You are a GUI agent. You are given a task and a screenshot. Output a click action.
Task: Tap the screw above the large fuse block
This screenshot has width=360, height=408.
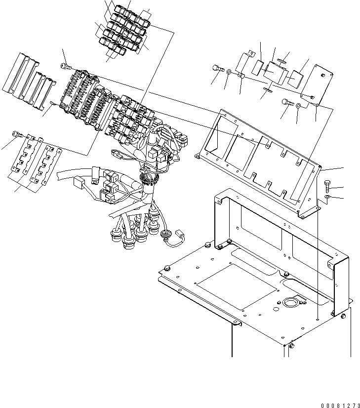point(65,66)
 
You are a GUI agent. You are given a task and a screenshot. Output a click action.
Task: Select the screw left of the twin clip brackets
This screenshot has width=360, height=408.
point(17,133)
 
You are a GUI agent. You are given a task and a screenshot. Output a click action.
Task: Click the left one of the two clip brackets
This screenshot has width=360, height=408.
point(29,157)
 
